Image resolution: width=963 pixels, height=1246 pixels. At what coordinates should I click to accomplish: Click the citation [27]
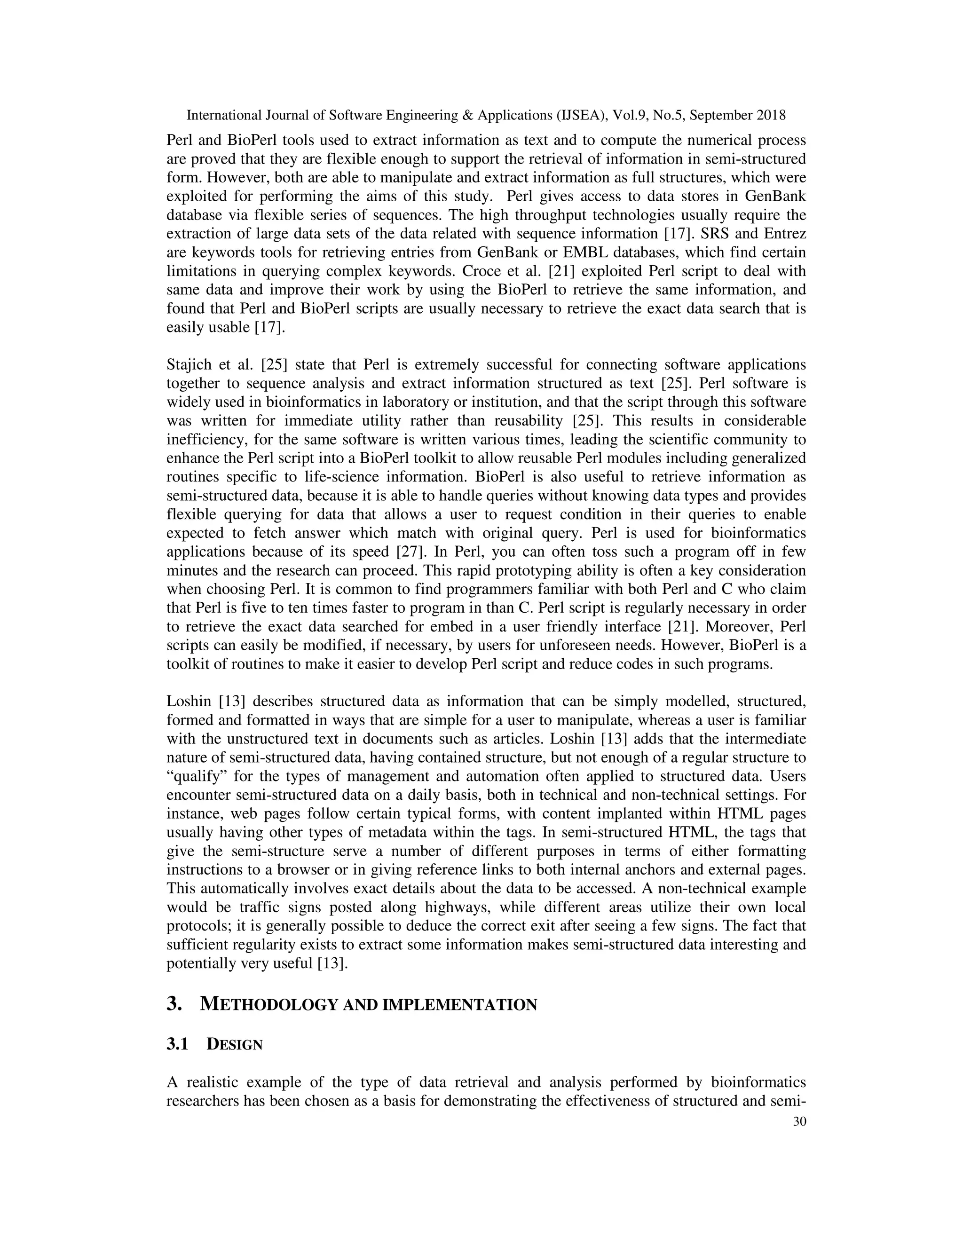click(x=409, y=552)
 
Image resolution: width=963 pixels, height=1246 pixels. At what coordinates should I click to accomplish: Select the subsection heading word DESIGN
click(x=235, y=1045)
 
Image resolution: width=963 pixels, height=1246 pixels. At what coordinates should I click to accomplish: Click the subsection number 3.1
click(x=177, y=1045)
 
